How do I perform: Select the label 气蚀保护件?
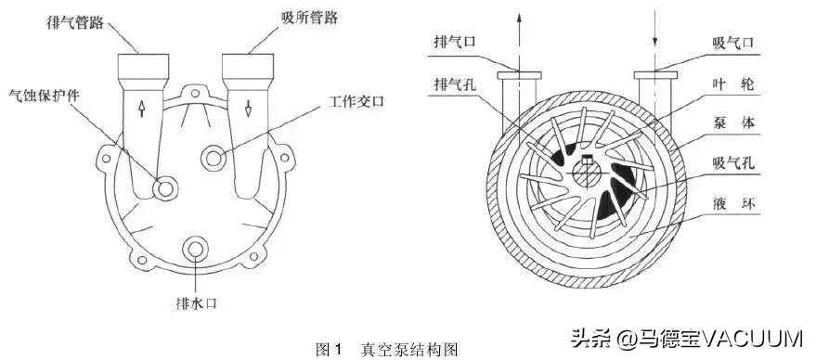pos(43,95)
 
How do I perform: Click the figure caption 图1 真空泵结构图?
pos(387,349)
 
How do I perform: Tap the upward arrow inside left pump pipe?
pos(141,109)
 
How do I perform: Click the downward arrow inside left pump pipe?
pos(249,109)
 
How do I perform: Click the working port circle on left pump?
pos(216,158)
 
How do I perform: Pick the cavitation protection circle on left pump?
pos(167,188)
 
